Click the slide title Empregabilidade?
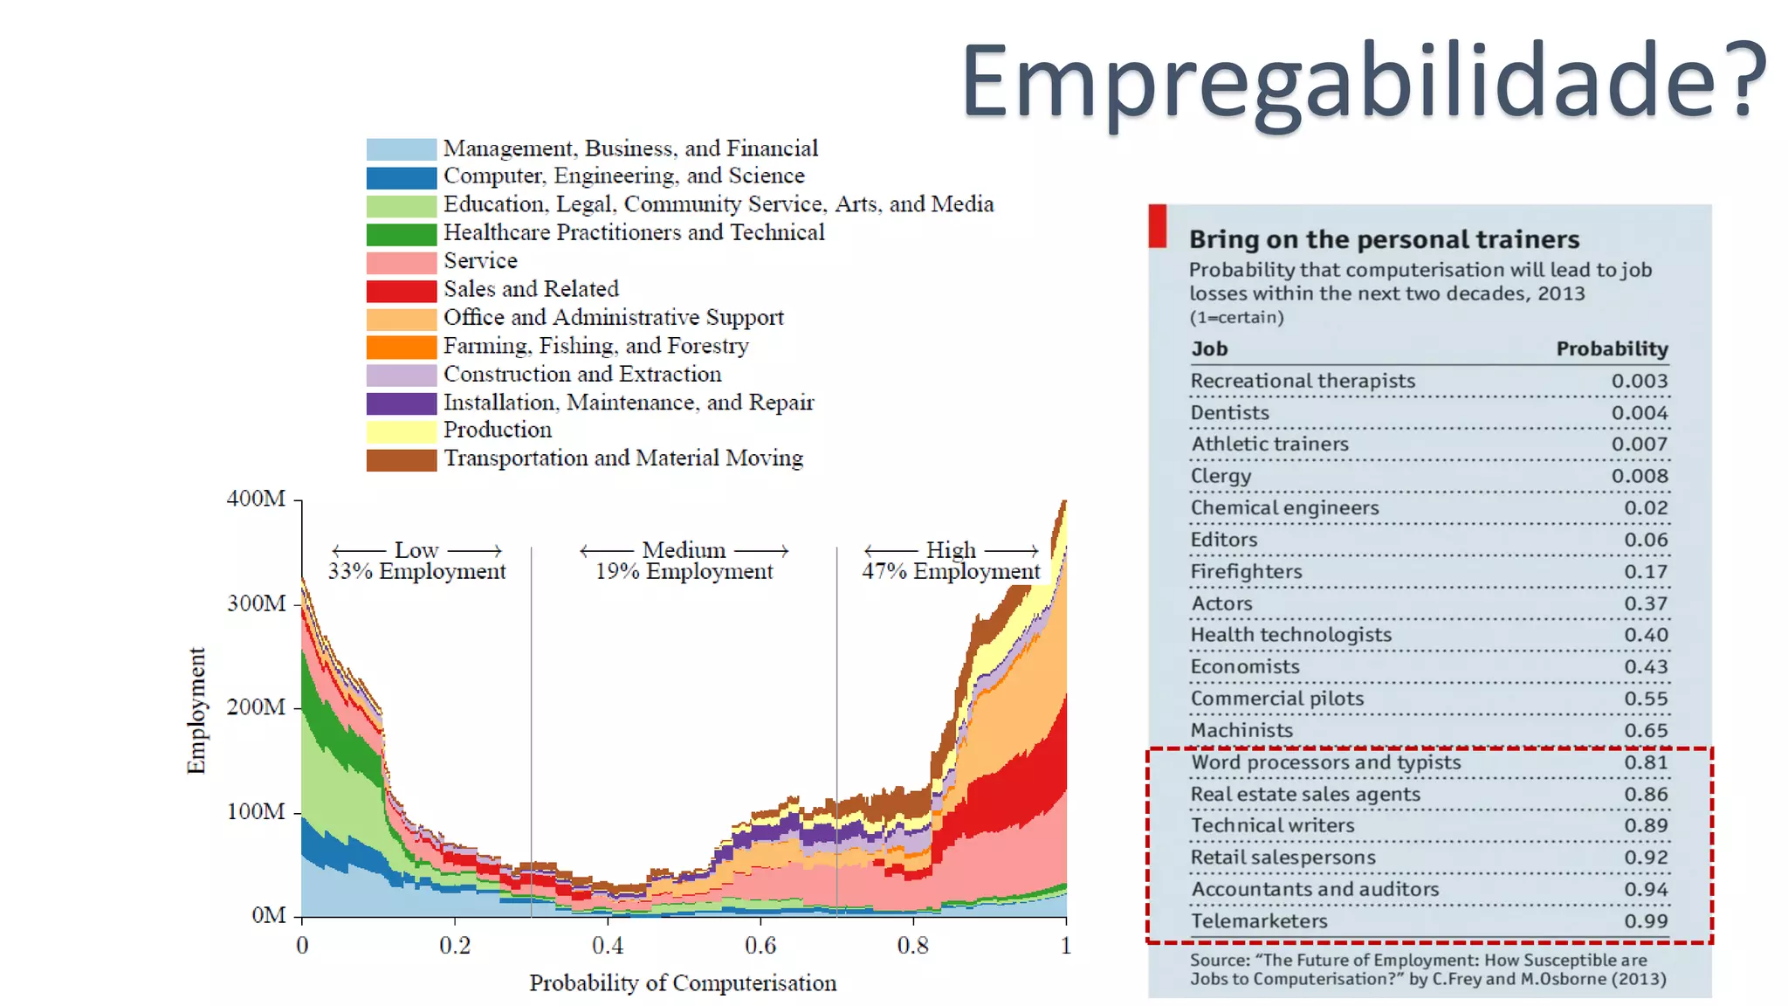[x=1364, y=80]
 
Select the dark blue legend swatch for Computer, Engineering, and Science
[x=401, y=177]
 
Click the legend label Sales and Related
[x=531, y=289]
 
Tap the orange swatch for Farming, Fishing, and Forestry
[x=401, y=347]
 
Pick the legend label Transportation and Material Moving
[x=623, y=458]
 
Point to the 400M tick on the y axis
[x=256, y=499]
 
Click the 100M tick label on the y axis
[x=256, y=811]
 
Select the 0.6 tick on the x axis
[x=760, y=946]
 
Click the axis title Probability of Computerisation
[x=683, y=983]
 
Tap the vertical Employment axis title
[x=197, y=710]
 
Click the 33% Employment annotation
[x=416, y=571]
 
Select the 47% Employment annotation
[x=951, y=571]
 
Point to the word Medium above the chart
[x=684, y=550]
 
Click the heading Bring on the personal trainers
[x=1384, y=239]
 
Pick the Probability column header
[x=1612, y=348]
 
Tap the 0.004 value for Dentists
[x=1639, y=412]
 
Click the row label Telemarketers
[x=1259, y=920]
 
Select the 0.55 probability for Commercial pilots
[x=1645, y=699]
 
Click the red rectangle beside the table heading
[x=1157, y=226]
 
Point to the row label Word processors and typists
[x=1325, y=762]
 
